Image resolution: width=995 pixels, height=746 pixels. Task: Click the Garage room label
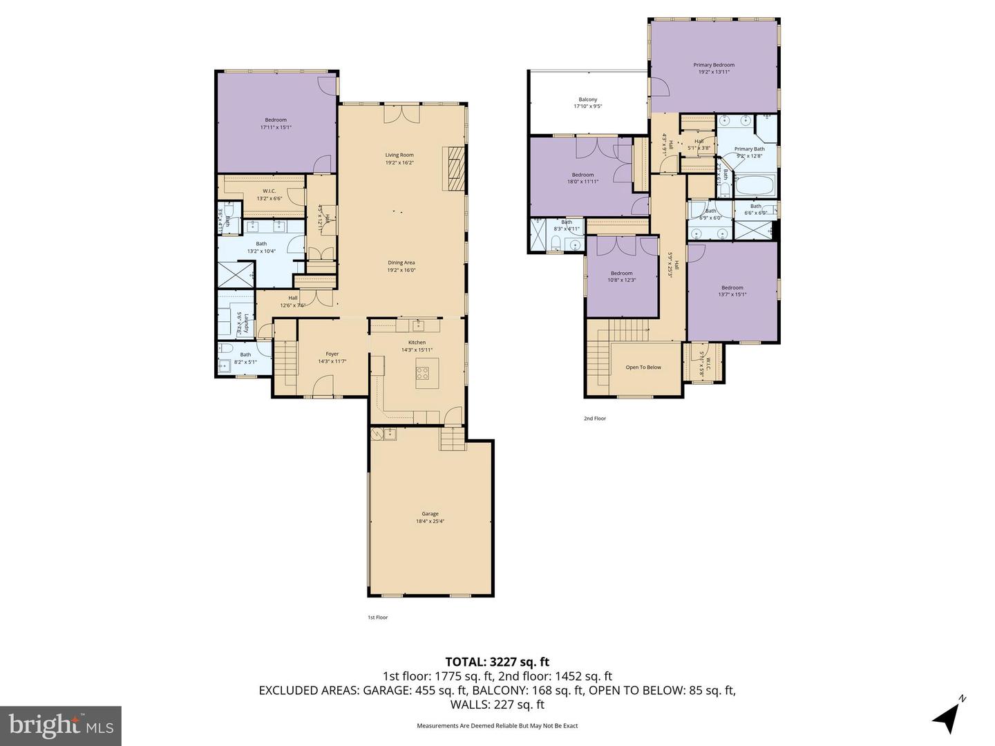pos(430,514)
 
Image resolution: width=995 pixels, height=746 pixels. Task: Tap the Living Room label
pos(399,155)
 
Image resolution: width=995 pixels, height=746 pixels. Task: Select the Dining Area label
pos(401,262)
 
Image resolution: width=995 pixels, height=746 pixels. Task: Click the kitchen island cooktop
pos(422,374)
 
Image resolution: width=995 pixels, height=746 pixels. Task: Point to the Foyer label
pos(332,354)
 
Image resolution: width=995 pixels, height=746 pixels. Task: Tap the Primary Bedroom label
pos(714,65)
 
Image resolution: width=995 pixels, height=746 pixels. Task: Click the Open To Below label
pos(643,367)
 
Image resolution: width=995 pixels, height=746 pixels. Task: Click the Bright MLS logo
pos(61,725)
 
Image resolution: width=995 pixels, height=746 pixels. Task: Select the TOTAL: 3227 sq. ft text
pos(497,662)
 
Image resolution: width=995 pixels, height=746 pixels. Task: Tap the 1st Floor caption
pos(377,618)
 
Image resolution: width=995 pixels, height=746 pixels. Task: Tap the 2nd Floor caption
pos(594,419)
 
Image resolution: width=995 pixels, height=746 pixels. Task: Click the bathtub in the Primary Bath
pos(755,185)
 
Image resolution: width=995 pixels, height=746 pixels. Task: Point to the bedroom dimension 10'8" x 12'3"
pos(621,280)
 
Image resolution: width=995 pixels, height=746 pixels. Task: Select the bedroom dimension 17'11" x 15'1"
pos(276,127)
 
